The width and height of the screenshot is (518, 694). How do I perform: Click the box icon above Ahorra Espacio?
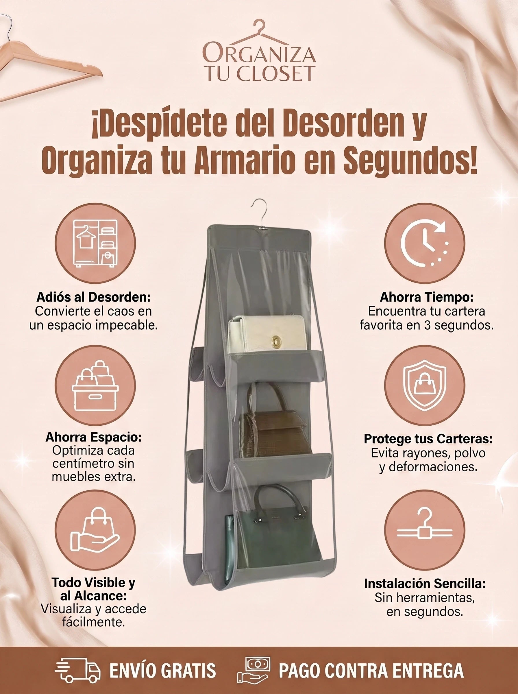95,385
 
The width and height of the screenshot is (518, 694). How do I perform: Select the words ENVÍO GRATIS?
162,671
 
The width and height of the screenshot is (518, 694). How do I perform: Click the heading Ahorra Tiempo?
426,297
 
